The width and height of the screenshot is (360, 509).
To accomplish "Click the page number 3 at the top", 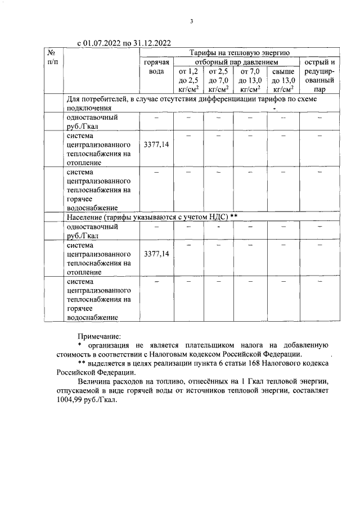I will pyautogui.click(x=191, y=22).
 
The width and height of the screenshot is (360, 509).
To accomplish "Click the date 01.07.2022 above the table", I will pyautogui.click(x=102, y=43).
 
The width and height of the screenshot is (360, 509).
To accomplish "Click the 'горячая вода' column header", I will pyautogui.click(x=156, y=66).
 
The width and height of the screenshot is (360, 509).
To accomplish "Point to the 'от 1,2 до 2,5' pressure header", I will pyautogui.click(x=188, y=80).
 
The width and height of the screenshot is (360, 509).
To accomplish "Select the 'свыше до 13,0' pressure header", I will pyautogui.click(x=282, y=80).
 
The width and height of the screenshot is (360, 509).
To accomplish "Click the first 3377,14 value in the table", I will pyautogui.click(x=156, y=145).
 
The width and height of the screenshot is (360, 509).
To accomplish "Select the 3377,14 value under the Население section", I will pyautogui.click(x=156, y=254).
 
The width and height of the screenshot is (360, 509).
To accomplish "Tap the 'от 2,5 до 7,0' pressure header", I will pyautogui.click(x=218, y=80).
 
